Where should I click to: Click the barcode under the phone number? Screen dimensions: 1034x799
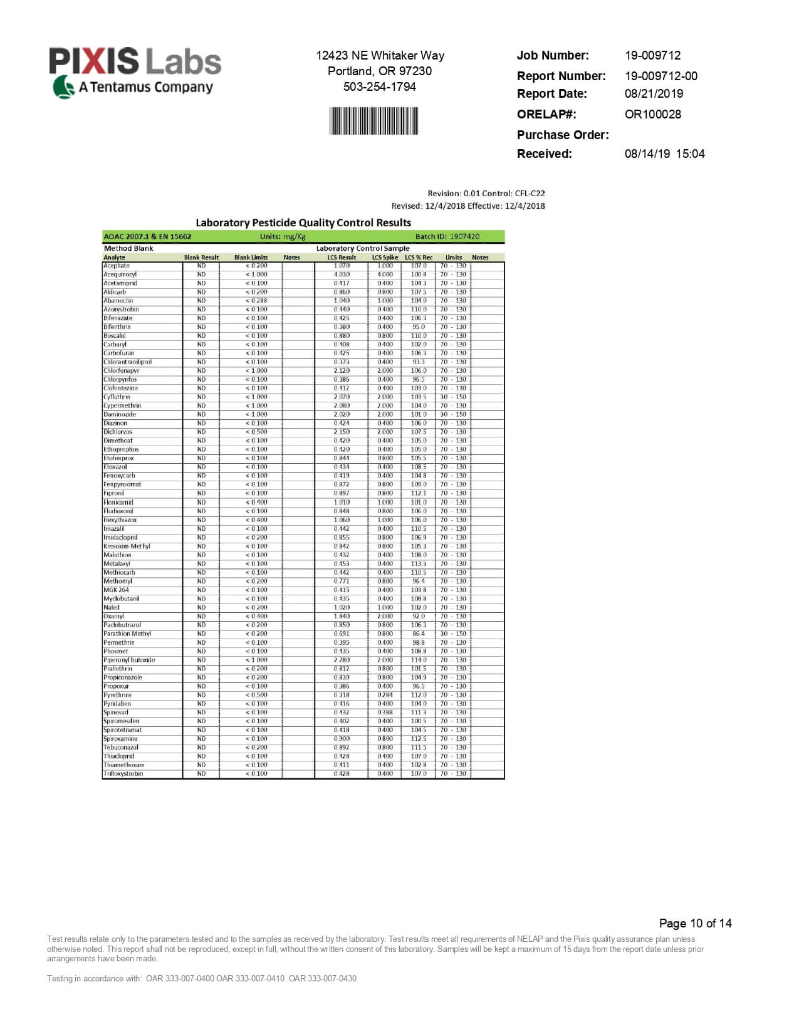[374, 120]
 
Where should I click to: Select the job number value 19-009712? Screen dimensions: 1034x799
[652, 55]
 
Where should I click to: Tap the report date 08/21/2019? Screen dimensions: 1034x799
[654, 93]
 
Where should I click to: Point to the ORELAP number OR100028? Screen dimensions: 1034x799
[652, 114]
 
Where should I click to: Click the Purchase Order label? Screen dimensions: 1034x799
[562, 135]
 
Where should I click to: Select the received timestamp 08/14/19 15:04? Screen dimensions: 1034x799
[664, 154]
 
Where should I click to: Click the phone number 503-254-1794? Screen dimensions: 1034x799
[379, 86]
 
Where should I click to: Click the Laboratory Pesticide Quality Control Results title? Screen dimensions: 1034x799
[303, 222]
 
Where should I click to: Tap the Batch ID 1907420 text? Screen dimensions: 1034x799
[447, 236]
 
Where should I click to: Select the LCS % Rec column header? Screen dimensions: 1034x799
[419, 258]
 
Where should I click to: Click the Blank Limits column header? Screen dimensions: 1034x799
[251, 258]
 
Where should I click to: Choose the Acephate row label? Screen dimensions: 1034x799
[117, 266]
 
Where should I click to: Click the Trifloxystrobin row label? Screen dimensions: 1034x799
[123, 774]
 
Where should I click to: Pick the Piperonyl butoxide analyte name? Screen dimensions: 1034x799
[129, 660]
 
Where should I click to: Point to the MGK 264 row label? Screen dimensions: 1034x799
[116, 590]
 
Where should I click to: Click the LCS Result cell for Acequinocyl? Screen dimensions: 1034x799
[342, 274]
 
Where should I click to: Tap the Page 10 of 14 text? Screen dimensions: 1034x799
[695, 923]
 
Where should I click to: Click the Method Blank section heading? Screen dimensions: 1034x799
[128, 248]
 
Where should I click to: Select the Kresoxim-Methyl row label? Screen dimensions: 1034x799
[127, 546]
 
